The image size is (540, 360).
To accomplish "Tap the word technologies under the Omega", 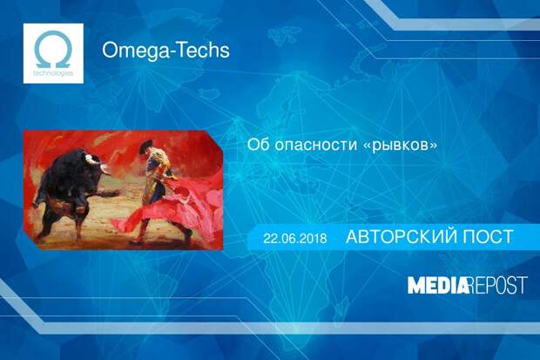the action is (x=53, y=73).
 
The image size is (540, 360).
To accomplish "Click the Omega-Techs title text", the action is (x=165, y=51).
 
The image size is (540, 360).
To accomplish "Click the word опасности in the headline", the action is (x=316, y=145).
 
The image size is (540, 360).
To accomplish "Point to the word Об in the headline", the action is (x=258, y=144).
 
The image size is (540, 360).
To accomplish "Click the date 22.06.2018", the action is (x=295, y=238).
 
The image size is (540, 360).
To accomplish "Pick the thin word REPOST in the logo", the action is (x=498, y=285).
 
